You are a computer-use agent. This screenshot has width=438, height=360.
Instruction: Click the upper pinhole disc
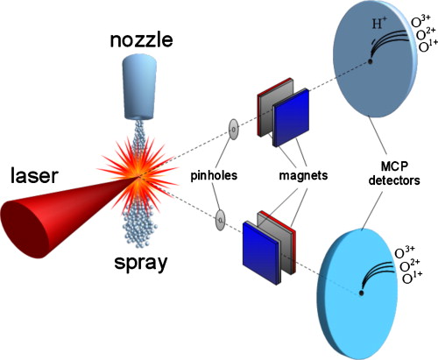click(x=232, y=130)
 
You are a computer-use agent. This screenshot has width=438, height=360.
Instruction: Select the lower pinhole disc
click(x=222, y=219)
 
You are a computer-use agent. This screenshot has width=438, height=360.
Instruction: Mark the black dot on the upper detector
click(x=371, y=60)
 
